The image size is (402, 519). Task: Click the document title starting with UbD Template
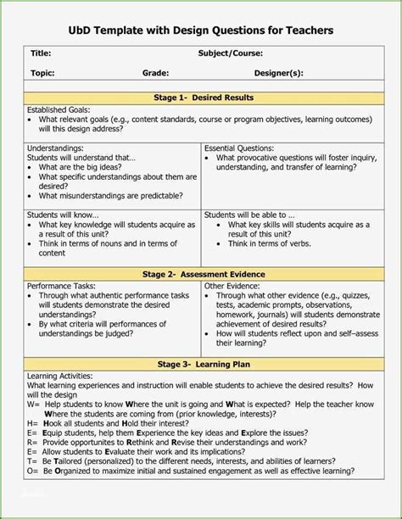click(x=201, y=30)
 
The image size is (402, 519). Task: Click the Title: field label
click(x=42, y=53)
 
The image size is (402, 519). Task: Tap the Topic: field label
click(x=43, y=74)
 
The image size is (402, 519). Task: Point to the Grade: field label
click(x=155, y=74)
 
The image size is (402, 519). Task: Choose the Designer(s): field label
click(x=279, y=74)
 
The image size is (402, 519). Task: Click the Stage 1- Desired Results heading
click(x=202, y=98)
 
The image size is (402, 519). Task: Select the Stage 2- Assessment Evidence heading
click(x=202, y=274)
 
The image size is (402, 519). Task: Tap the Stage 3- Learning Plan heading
click(x=202, y=364)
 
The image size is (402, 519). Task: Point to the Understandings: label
click(x=56, y=148)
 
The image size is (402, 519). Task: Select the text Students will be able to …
click(x=249, y=215)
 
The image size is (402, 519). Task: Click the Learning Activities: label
click(x=60, y=376)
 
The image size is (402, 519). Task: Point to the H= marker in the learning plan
click(x=32, y=421)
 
